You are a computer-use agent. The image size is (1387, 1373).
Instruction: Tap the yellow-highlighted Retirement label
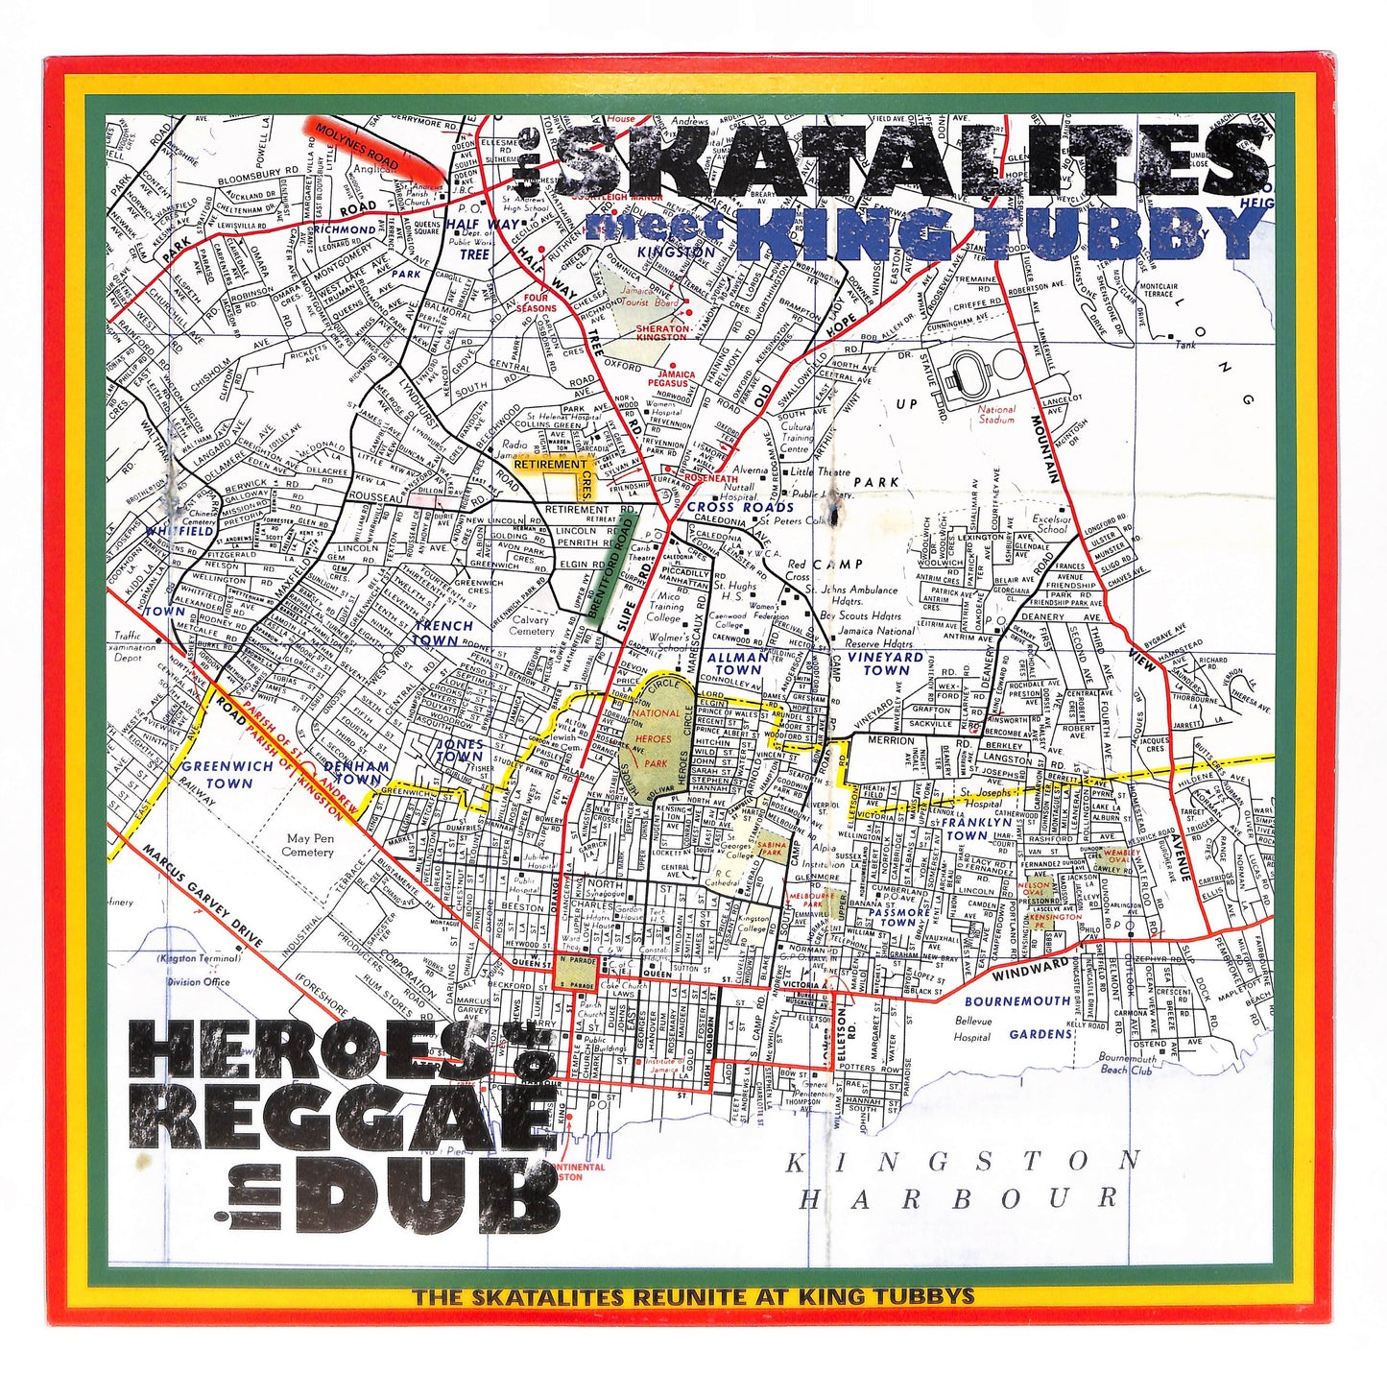550,465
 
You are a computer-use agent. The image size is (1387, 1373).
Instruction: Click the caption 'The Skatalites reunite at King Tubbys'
693,1296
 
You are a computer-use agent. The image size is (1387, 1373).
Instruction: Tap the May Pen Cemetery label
309,844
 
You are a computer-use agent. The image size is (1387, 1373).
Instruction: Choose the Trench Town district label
442,633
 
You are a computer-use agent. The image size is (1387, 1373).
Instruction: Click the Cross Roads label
740,507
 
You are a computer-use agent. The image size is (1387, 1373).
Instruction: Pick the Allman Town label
737,663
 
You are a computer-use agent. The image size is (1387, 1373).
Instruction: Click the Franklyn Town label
975,829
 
